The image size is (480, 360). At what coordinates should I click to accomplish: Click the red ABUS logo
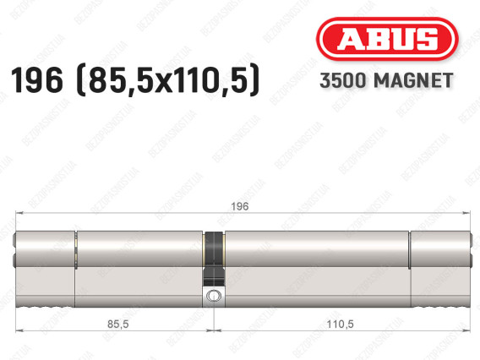[387, 39]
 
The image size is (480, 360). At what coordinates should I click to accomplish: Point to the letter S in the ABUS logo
[425, 39]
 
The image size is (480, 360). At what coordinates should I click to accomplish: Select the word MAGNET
[413, 80]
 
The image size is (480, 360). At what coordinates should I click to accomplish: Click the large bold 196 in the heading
[36, 80]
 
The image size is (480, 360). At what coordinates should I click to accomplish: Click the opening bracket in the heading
[80, 81]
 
